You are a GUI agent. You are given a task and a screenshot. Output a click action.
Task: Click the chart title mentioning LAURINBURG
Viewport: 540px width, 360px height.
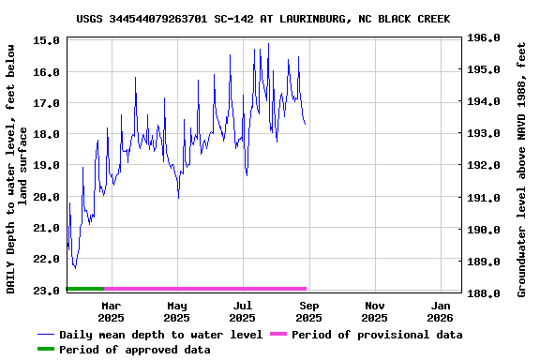pyautogui.click(x=262, y=19)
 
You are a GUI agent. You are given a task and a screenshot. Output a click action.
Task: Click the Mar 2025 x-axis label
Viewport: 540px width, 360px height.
pyautogui.click(x=111, y=312)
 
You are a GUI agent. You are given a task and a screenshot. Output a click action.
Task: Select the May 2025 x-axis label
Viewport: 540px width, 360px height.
pyautogui.click(x=176, y=312)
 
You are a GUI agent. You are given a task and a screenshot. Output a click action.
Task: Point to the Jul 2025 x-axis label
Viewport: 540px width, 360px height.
pyautogui.click(x=243, y=312)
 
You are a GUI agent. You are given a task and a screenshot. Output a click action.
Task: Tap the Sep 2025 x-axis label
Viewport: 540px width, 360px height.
pyautogui.click(x=308, y=312)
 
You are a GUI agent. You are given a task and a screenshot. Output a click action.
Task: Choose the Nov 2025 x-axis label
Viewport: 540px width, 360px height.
pyautogui.click(x=375, y=312)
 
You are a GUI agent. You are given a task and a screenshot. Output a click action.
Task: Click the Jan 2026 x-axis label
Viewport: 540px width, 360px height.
pyautogui.click(x=441, y=312)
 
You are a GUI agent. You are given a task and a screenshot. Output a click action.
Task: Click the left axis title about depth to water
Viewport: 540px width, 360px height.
pyautogui.click(x=17, y=167)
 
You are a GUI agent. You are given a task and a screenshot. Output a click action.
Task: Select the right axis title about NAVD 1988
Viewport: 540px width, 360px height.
pyautogui.click(x=521, y=167)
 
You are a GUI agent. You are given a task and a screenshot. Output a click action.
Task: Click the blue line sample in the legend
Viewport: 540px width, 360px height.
pyautogui.click(x=47, y=335)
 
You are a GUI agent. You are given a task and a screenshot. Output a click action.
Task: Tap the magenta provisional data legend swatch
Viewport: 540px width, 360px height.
pyautogui.click(x=277, y=335)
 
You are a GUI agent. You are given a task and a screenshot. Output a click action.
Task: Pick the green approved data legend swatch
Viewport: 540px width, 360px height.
pyautogui.click(x=47, y=350)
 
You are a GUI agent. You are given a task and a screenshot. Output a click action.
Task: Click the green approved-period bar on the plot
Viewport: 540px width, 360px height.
pyautogui.click(x=85, y=289)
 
